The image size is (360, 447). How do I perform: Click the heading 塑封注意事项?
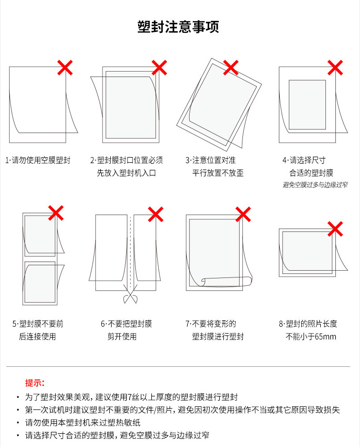pyautogui.click(x=178, y=27)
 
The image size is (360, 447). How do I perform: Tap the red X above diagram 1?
pyautogui.click(x=65, y=67)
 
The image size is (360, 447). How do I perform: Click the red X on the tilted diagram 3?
pyautogui.click(x=231, y=67)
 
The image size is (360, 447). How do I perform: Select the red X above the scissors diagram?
pyautogui.click(x=156, y=214)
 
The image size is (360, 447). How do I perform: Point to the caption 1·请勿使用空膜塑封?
pyautogui.click(x=38, y=160)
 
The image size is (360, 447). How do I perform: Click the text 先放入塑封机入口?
pyautogui.click(x=126, y=173)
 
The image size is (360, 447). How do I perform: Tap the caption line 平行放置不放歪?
pyautogui.click(x=218, y=173)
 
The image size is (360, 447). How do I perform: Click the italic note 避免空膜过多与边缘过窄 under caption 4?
pyautogui.click(x=315, y=185)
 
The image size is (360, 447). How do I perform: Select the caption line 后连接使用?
pyautogui.click(x=37, y=336)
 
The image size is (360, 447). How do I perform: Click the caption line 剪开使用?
pyautogui.click(x=122, y=336)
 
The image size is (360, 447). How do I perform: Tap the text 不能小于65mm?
pyautogui.click(x=311, y=336)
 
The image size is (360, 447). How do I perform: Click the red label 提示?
pyautogui.click(x=35, y=383)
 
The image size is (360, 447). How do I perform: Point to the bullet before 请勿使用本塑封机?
pyautogui.click(x=18, y=423)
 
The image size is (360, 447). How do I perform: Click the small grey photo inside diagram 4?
pyautogui.click(x=307, y=105)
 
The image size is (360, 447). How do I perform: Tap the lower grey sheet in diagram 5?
pyautogui.click(x=40, y=282)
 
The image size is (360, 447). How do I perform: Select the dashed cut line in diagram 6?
pyautogui.click(x=130, y=252)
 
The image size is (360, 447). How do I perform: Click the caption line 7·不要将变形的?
pyautogui.click(x=211, y=324)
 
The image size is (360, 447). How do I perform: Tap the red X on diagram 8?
pyautogui.click(x=335, y=229)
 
